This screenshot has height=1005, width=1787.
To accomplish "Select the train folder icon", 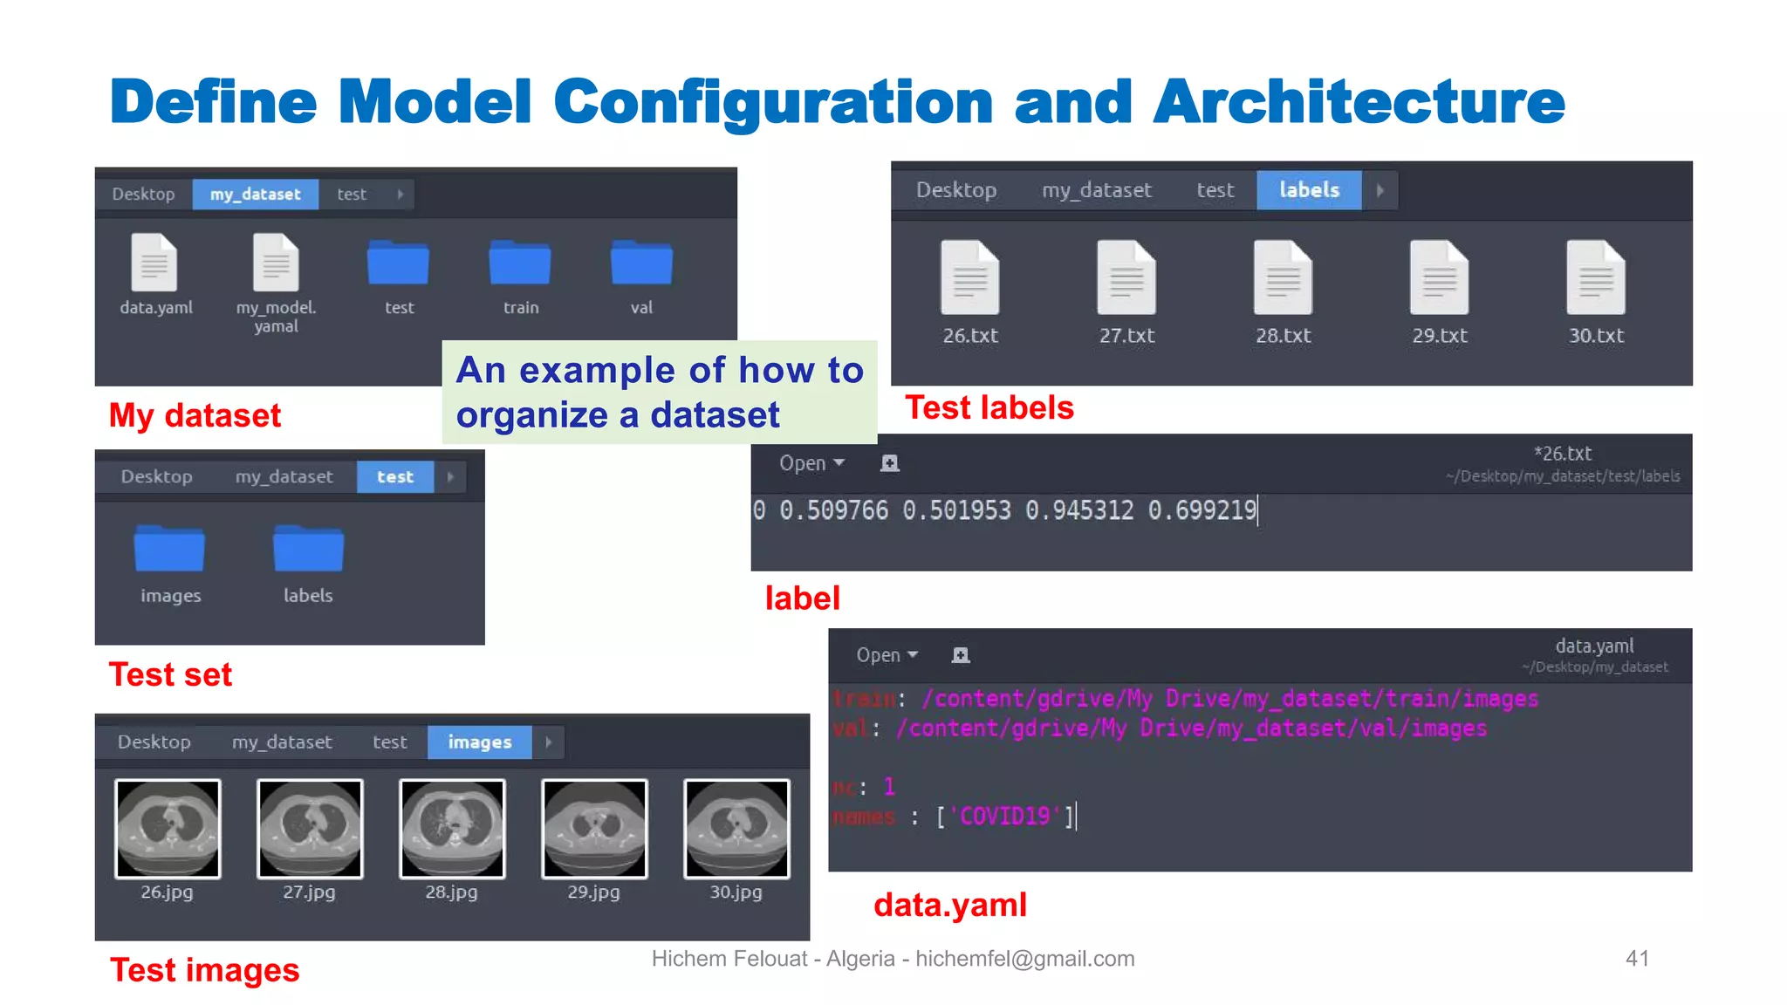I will pos(520,263).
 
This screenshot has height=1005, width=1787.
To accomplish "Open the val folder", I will pos(641,263).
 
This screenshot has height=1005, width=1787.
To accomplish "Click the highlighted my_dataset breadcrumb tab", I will pos(255,194).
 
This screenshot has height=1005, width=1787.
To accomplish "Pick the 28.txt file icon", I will pos(1283,277).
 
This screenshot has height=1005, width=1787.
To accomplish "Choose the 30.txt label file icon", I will pos(1596,277).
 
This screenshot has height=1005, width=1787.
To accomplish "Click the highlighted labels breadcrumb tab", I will pos(1309,190).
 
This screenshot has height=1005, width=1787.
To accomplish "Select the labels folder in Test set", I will pos(308,550).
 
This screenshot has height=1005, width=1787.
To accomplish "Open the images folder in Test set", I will pos(169,550).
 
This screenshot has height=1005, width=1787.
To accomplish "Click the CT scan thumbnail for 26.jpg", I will pos(168,828).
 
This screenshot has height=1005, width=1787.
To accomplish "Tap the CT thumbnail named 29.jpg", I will pos(594,828).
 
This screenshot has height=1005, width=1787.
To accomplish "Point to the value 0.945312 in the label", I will pos(1079,510).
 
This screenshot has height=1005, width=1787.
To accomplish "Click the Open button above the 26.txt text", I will pos(811,463).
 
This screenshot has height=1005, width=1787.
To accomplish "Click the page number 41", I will pos(1637,959).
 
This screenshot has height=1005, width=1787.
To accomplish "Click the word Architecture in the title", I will pos(1359,102).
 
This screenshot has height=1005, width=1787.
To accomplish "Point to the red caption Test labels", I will pos(989,408).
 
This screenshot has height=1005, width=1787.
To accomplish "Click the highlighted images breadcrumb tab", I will pos(479,742).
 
